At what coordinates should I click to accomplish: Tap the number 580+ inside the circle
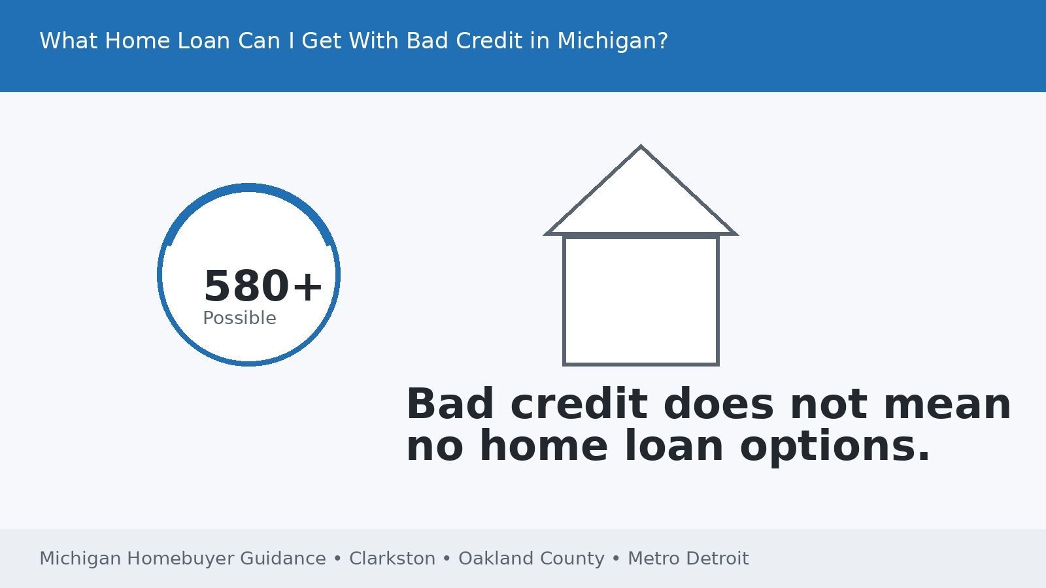tap(263, 286)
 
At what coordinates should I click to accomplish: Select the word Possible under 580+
tap(239, 318)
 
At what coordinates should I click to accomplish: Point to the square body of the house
tap(641, 301)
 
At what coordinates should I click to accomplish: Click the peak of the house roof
tap(641, 148)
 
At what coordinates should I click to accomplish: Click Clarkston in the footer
tap(392, 559)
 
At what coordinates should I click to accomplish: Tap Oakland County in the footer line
tap(531, 559)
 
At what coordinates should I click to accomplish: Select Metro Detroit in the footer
tap(688, 559)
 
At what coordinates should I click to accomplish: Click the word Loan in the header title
tap(203, 41)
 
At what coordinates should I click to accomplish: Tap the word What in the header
tap(69, 41)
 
